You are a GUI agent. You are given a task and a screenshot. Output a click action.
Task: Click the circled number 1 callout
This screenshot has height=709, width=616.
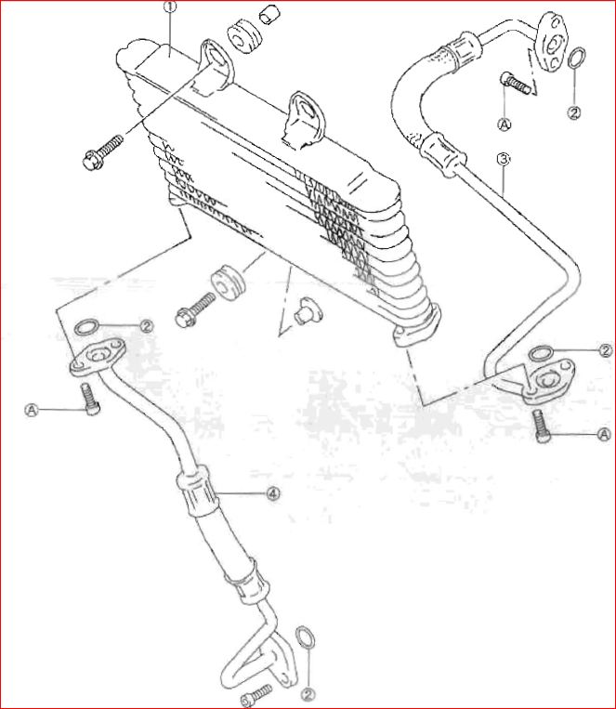point(171,7)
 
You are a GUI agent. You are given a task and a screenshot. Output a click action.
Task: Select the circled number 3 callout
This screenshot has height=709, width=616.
point(504,159)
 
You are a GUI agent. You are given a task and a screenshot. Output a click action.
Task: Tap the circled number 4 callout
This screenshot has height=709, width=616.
point(273,493)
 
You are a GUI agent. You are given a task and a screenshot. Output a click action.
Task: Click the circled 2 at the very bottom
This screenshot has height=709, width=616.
point(309,694)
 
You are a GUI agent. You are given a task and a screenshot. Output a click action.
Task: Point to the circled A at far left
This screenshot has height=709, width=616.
point(32,410)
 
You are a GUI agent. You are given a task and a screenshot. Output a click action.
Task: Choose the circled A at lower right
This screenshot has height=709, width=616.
point(604,435)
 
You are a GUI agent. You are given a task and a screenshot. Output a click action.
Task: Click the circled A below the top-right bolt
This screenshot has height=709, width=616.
point(505,124)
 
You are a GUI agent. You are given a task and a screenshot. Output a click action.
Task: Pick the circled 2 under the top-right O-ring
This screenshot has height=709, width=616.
point(574,112)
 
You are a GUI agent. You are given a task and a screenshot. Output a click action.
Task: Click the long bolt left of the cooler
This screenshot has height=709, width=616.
point(103,152)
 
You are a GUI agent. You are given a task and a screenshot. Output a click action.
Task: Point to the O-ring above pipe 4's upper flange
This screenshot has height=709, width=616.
point(85,327)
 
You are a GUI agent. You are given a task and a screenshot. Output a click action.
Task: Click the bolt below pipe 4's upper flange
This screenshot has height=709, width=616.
point(90,399)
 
